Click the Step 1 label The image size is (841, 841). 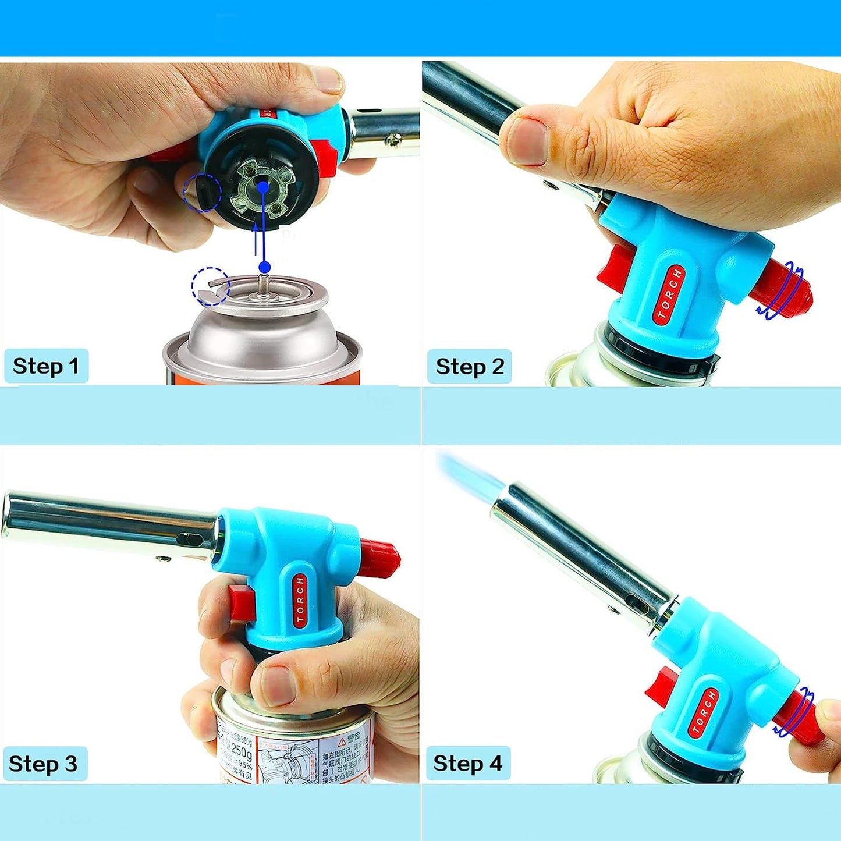click(46, 366)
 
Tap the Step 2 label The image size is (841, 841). click(469, 367)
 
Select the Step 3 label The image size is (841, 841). click(44, 764)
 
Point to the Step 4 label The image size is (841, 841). click(468, 763)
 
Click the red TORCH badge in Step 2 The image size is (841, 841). click(669, 294)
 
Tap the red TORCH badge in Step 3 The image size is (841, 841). click(300, 600)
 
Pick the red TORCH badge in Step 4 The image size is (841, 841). click(703, 712)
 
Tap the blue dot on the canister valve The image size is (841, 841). click(265, 267)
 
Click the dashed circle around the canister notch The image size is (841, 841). click(211, 286)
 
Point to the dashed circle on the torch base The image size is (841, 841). click(202, 192)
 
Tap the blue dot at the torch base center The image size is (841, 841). click(263, 187)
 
